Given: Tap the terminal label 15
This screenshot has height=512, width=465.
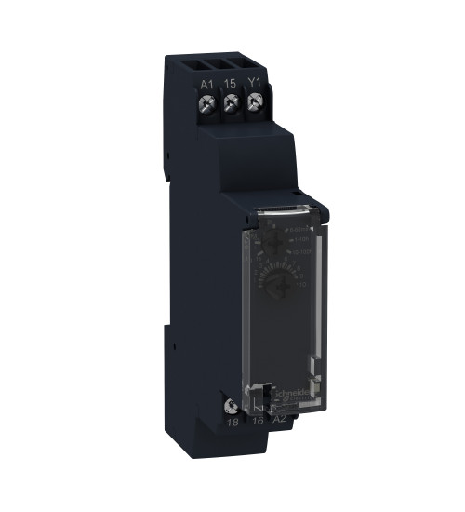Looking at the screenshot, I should [x=230, y=84].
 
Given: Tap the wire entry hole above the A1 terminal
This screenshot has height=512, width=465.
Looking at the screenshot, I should [x=206, y=65].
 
